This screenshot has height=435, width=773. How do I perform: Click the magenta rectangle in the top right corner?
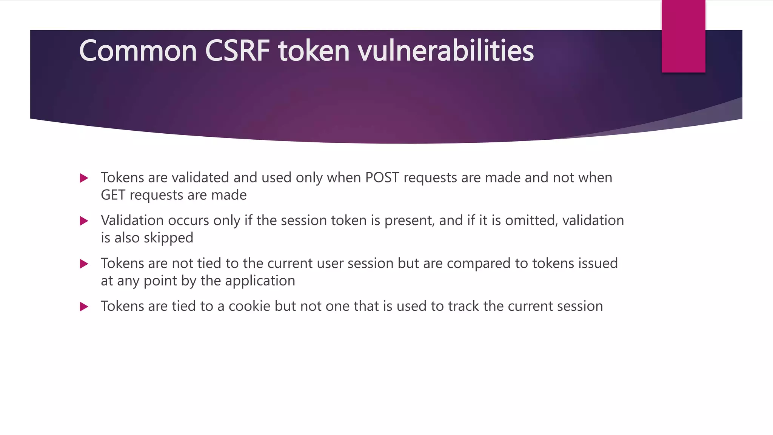pos(683,36)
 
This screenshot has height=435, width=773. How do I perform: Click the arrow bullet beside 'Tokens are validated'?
pos(84,178)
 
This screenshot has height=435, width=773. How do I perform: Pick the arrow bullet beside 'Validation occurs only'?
pos(84,221)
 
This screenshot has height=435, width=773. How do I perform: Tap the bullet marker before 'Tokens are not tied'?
pos(84,264)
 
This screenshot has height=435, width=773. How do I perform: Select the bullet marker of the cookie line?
pos(84,307)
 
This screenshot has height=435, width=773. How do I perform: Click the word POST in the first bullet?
pos(382,177)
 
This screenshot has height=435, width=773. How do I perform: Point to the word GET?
pos(113,195)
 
